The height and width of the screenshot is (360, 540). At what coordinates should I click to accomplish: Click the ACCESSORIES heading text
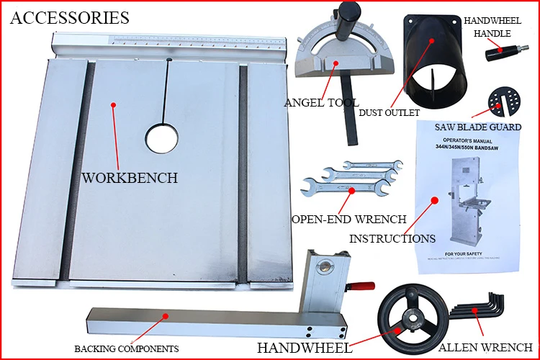click(70, 17)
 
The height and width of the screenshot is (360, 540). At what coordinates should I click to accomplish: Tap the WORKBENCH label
click(130, 178)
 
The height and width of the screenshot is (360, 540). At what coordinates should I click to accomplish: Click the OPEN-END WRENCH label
click(349, 219)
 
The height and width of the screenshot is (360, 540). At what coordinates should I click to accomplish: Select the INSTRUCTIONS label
click(392, 238)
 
